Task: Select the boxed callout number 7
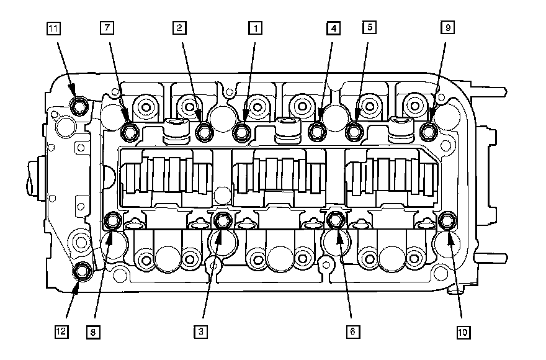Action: pyautogui.click(x=107, y=28)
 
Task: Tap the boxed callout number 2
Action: pyautogui.click(x=179, y=28)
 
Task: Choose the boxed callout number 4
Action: pyautogui.click(x=334, y=28)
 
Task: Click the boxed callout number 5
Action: pyautogui.click(x=370, y=28)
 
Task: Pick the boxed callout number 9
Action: pyautogui.click(x=446, y=28)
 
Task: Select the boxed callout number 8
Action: pyautogui.click(x=92, y=332)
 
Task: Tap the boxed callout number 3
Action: pyautogui.click(x=200, y=332)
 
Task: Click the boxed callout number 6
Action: pyautogui.click(x=352, y=332)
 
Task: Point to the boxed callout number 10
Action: pyautogui.click(x=462, y=332)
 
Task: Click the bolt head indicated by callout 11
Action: pyautogui.click(x=79, y=107)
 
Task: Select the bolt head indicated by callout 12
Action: pyautogui.click(x=81, y=271)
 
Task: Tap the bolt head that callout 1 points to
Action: pyautogui.click(x=241, y=132)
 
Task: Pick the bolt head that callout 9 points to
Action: pyautogui.click(x=428, y=130)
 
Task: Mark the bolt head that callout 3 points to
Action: pyautogui.click(x=222, y=220)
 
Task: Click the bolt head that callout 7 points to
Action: pyautogui.click(x=130, y=132)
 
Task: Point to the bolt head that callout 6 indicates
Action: pyautogui.click(x=336, y=220)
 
